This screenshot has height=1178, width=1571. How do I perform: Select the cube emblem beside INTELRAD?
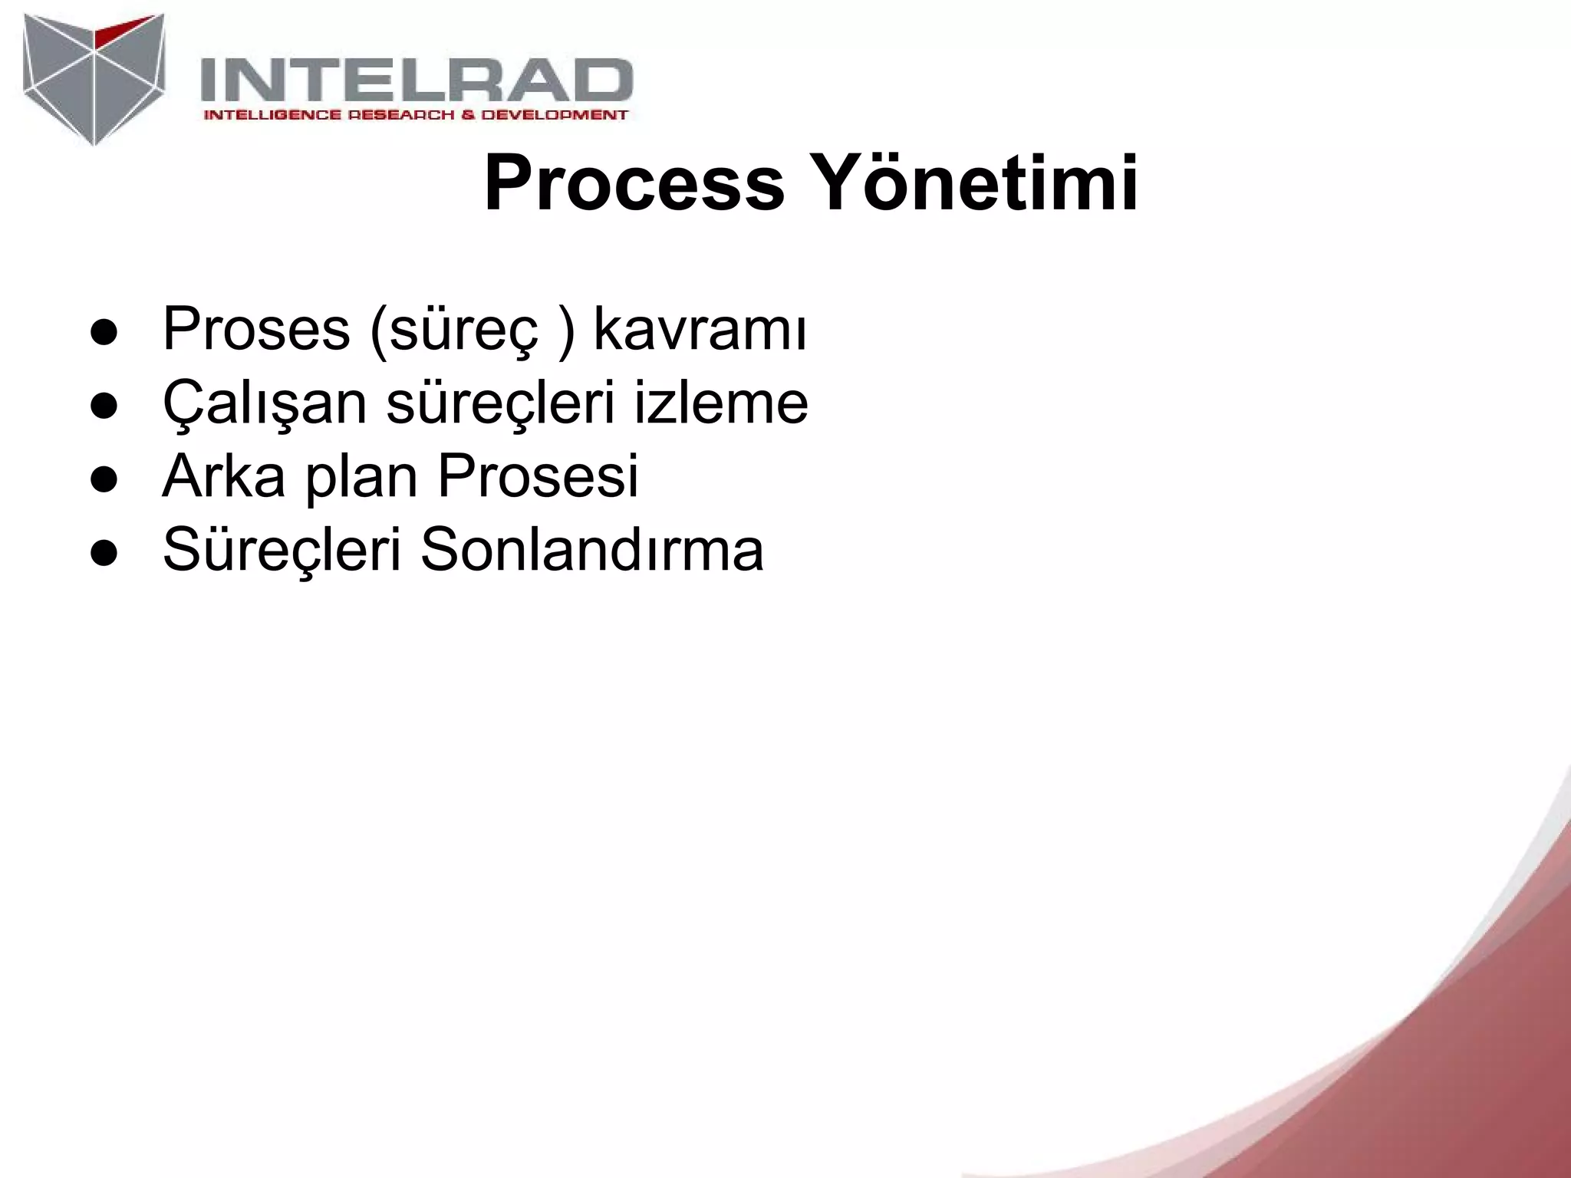pos(94,77)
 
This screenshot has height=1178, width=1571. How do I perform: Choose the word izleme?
pos(720,403)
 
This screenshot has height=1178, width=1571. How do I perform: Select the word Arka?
pos(223,475)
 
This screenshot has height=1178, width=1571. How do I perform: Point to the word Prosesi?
pos(538,475)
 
